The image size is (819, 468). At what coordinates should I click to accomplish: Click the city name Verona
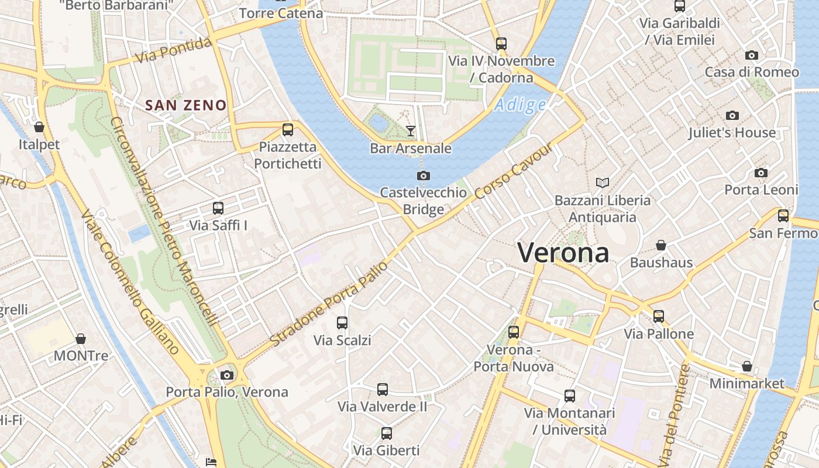point(563,253)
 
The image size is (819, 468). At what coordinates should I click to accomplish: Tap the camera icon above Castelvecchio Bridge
point(424,175)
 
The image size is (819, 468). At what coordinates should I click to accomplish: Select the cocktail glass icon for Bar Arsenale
point(411,130)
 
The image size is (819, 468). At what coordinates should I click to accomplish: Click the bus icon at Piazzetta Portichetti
point(287,130)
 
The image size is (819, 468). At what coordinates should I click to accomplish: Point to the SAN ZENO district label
point(185,105)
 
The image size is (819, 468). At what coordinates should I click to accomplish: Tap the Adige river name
point(520,105)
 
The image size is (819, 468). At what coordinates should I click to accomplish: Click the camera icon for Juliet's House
point(732,115)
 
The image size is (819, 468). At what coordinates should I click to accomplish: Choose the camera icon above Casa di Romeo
point(752,55)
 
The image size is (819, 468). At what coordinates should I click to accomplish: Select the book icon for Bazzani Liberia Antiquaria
point(602,183)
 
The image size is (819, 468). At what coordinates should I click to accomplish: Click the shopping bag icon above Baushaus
point(661,245)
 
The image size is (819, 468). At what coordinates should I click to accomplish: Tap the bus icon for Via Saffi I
point(218,208)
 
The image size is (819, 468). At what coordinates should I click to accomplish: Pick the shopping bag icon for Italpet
point(39,126)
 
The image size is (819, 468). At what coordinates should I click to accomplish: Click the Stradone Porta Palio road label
point(329,303)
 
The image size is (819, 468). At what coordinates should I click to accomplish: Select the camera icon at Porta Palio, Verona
point(227,375)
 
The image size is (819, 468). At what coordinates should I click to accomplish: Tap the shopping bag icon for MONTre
point(81,339)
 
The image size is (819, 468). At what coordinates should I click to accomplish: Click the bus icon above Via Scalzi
point(342,322)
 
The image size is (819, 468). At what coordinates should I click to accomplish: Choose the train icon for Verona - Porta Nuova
point(513,332)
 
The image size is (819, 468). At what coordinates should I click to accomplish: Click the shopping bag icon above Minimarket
point(746,366)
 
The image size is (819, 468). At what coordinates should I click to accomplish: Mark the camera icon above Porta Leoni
point(760,173)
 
